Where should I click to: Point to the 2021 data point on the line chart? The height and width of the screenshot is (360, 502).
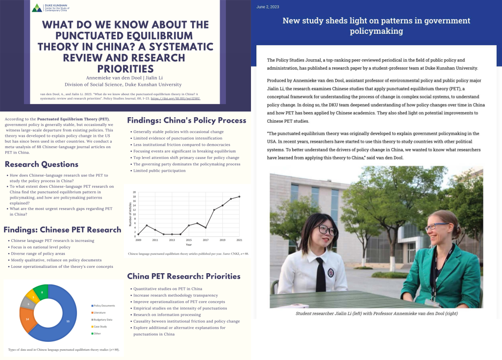(x=239, y=196)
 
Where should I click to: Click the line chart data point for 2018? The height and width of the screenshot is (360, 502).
(x=214, y=210)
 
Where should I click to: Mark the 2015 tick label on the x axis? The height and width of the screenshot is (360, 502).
(x=189, y=240)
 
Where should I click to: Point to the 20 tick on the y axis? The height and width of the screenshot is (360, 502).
(x=134, y=192)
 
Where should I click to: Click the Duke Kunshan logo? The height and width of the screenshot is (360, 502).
(x=37, y=8)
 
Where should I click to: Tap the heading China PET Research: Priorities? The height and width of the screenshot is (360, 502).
(x=183, y=276)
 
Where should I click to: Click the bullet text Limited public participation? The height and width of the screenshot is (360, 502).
(x=160, y=171)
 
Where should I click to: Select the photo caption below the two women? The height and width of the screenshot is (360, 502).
(x=376, y=313)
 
